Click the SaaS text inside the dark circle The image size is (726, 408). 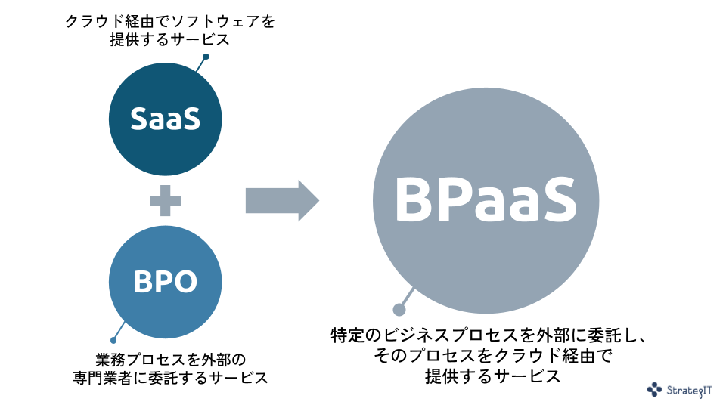(165, 119)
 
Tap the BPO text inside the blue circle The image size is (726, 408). (165, 282)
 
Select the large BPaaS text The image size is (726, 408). (486, 200)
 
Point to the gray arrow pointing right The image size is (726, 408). (282, 200)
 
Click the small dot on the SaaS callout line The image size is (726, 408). (206, 57)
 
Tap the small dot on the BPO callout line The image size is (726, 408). (113, 340)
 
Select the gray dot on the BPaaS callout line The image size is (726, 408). (399, 309)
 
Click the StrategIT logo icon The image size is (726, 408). (654, 389)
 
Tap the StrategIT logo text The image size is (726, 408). (690, 390)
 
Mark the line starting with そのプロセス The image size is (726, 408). (492, 355)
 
